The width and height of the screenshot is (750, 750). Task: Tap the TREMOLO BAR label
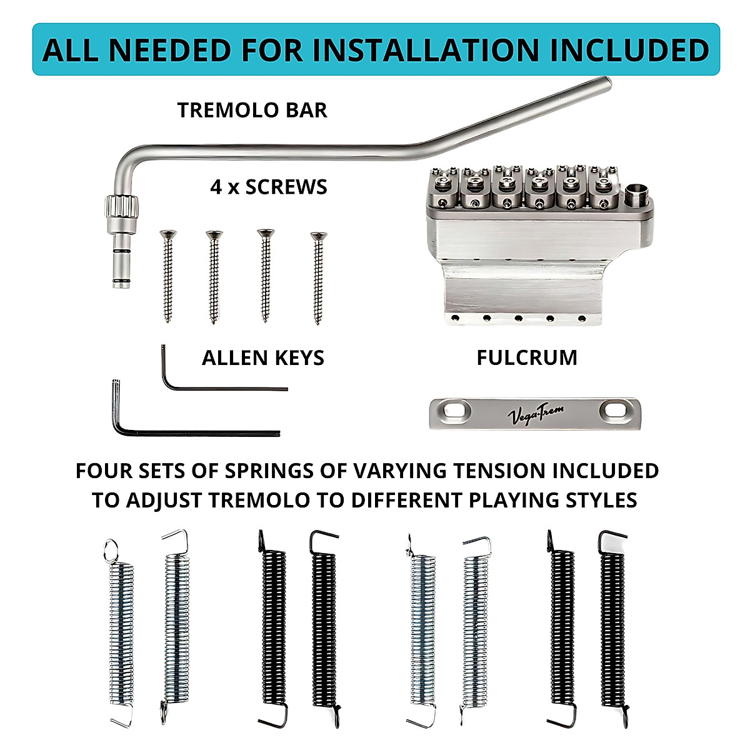click(252, 111)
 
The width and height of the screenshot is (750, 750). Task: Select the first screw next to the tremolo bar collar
click(167, 275)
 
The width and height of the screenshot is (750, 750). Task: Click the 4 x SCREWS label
click(269, 187)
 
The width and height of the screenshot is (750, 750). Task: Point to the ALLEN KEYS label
click(263, 358)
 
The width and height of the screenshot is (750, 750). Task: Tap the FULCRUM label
click(527, 358)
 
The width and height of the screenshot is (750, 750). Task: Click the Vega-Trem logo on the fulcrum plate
click(536, 414)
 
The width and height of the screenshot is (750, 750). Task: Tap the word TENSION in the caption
click(483, 471)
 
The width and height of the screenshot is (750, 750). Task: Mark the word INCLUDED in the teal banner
click(629, 51)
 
